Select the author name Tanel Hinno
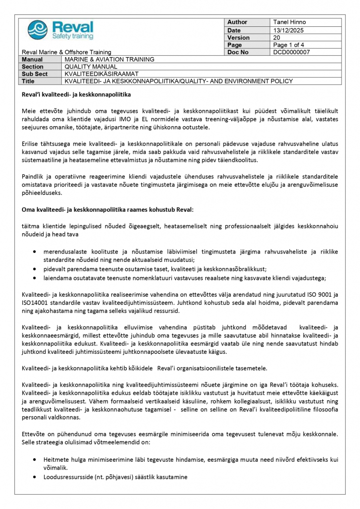tap(289, 22)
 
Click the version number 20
tap(277, 37)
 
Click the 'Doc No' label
tap(237, 52)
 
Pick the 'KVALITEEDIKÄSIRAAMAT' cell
tap(101, 74)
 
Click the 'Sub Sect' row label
tap(34, 74)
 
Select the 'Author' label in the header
tap(237, 22)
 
